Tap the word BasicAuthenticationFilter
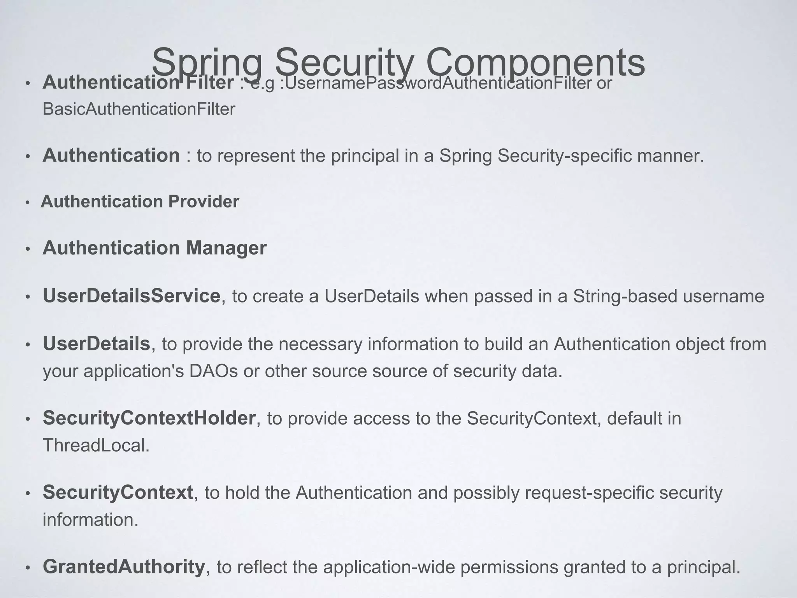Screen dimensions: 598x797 tap(139, 109)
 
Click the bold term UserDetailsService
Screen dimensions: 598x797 tap(132, 296)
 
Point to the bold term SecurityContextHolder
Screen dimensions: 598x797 tap(149, 418)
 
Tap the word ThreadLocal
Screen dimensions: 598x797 tap(96, 445)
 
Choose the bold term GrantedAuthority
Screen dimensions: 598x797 tap(124, 567)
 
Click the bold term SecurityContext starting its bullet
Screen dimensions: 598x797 tap(118, 492)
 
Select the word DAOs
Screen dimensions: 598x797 tap(213, 371)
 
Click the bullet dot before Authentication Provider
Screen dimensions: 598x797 tap(27, 202)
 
